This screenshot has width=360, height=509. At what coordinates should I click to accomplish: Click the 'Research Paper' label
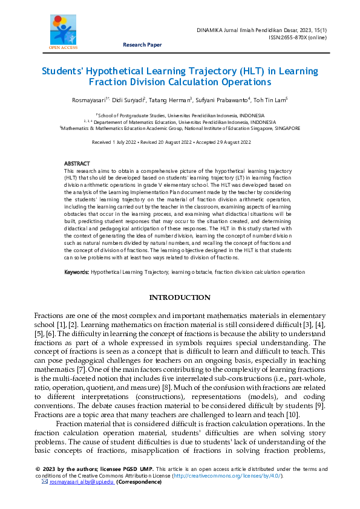[142, 45]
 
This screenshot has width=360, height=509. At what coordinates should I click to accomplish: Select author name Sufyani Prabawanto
[223, 99]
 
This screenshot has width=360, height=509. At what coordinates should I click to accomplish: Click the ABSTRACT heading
[77, 164]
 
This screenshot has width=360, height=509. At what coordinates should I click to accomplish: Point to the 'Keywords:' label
[77, 273]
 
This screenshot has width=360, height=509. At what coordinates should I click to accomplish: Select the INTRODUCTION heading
[180, 298]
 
